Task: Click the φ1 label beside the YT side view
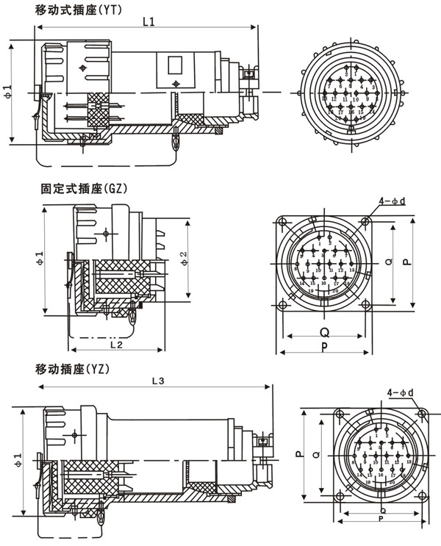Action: pyautogui.click(x=8, y=91)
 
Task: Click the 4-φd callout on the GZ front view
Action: pyautogui.click(x=391, y=201)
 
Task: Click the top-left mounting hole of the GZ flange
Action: pyautogui.click(x=283, y=222)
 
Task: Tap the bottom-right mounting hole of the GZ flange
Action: pyautogui.click(x=365, y=303)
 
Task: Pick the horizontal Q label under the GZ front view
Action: pyautogui.click(x=324, y=332)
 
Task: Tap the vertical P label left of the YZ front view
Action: pyautogui.click(x=299, y=454)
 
